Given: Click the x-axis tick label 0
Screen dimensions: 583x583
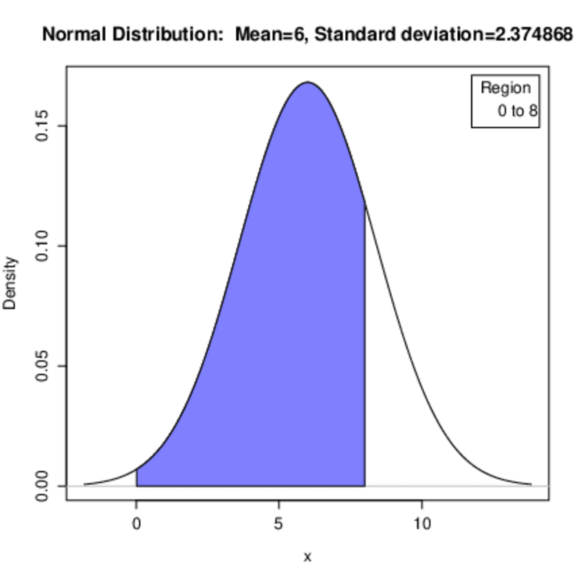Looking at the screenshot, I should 136,525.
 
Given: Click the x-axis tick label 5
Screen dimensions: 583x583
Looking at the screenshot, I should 278,525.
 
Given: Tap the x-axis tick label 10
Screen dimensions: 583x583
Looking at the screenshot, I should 422,525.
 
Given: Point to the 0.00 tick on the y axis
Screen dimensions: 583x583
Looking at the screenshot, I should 43,486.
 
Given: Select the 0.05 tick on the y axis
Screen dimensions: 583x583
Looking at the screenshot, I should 43,366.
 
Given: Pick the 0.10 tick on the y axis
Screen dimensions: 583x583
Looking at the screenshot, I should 43,246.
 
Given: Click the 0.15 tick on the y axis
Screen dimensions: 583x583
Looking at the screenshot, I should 43,126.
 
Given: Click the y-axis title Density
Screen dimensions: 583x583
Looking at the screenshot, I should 10,283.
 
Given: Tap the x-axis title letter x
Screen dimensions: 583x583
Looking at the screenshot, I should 307,557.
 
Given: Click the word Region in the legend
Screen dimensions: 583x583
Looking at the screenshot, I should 505,88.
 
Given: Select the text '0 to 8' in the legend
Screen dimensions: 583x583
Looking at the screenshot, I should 518,110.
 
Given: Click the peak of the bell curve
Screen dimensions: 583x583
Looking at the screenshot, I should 307,82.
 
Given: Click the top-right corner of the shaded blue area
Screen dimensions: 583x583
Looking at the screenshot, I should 364,203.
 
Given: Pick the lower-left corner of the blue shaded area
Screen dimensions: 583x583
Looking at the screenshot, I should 137,485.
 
